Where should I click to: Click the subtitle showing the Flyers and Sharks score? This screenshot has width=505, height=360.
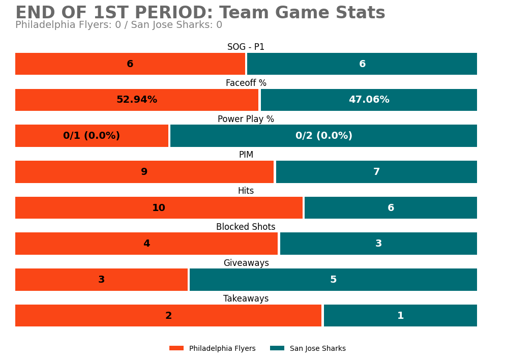[x=118, y=25]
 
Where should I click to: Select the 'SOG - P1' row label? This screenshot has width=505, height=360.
[x=246, y=47]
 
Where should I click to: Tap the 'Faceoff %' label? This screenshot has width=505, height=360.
[x=246, y=83]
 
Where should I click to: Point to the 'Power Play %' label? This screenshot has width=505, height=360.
[x=246, y=119]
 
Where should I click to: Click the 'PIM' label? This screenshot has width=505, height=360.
[x=246, y=155]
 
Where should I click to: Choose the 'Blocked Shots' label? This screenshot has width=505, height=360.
[x=246, y=227]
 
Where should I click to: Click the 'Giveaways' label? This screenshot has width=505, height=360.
[x=246, y=263]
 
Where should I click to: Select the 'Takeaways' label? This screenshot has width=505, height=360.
[x=246, y=299]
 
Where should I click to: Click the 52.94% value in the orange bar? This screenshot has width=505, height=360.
[x=136, y=100]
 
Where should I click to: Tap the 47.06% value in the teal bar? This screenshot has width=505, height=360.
[x=369, y=100]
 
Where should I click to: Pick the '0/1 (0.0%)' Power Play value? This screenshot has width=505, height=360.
[x=92, y=136]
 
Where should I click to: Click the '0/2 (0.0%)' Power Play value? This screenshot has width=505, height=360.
[x=323, y=136]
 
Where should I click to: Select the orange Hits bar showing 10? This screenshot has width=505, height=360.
[x=159, y=208]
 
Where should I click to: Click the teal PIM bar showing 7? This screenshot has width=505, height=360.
[x=376, y=172]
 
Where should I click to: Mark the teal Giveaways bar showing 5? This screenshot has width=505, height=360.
[x=333, y=280]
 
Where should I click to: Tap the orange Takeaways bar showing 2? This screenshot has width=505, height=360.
[x=168, y=316]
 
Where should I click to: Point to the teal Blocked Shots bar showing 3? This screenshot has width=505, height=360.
[x=378, y=244]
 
